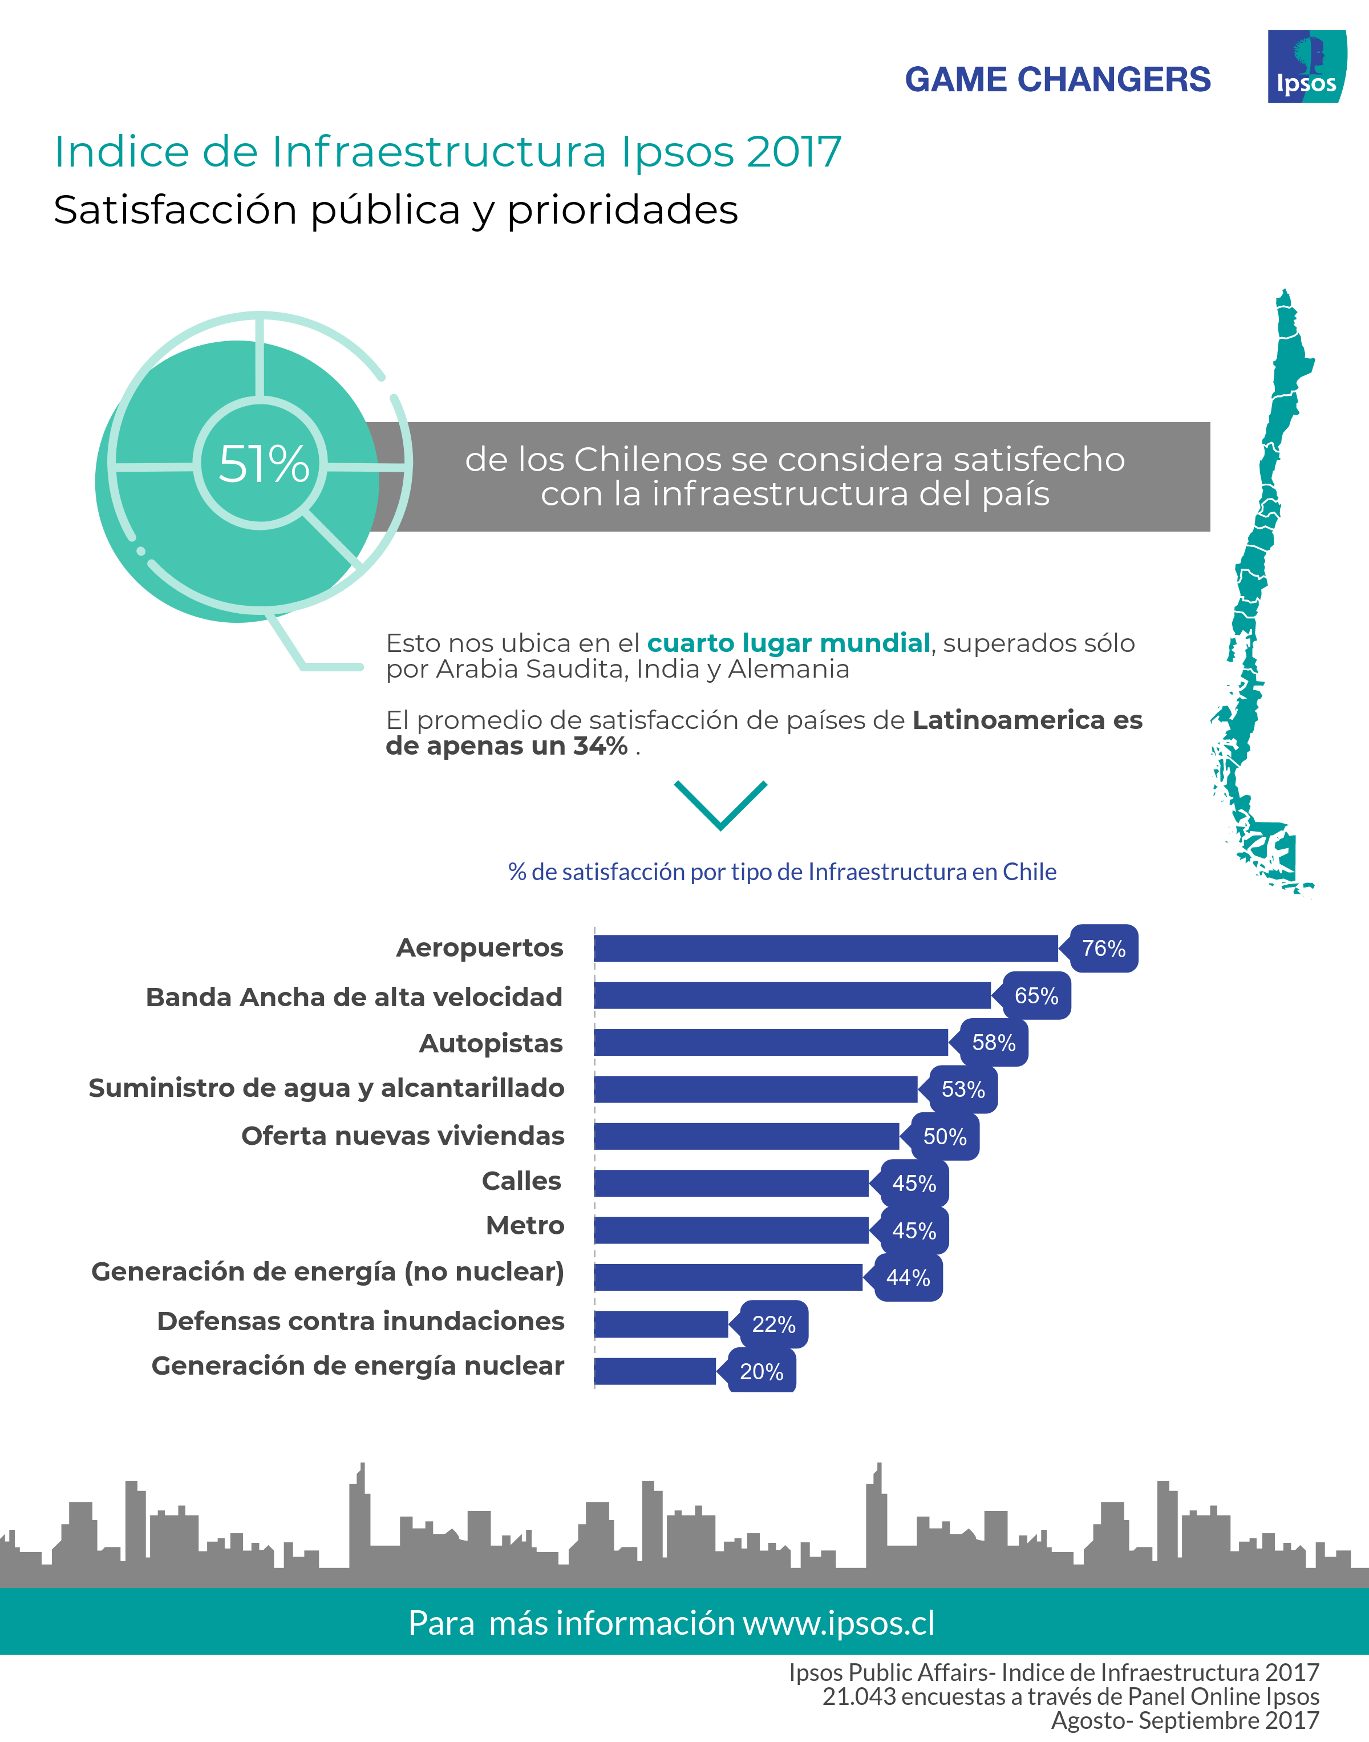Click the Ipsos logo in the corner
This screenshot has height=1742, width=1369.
pyautogui.click(x=1306, y=67)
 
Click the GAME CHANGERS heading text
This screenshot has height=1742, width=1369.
pyautogui.click(x=1056, y=79)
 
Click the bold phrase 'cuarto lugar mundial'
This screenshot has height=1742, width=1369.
pyautogui.click(x=788, y=643)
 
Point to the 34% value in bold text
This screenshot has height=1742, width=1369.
pyautogui.click(x=600, y=746)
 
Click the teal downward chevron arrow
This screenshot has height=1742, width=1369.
pyautogui.click(x=720, y=804)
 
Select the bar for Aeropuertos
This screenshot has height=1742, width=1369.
pyautogui.click(x=825, y=948)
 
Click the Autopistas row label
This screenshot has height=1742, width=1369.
pyautogui.click(x=491, y=1043)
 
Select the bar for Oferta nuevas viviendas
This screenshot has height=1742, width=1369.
pyautogui.click(x=746, y=1136)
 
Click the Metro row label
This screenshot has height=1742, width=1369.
pyautogui.click(x=525, y=1225)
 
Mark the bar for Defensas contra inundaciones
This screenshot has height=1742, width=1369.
pyautogui.click(x=661, y=1324)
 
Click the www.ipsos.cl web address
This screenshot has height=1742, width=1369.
pyautogui.click(x=839, y=1623)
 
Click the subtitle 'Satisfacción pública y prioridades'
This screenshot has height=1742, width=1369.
pyautogui.click(x=395, y=210)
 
